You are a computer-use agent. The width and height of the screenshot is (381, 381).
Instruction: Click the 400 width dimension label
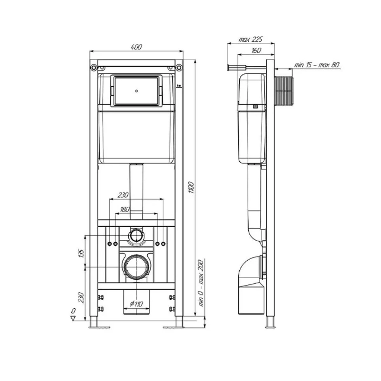(x=136, y=47)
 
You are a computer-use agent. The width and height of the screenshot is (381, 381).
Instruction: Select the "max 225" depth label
(x=251, y=39)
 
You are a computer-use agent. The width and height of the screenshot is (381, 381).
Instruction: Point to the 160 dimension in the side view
(x=256, y=50)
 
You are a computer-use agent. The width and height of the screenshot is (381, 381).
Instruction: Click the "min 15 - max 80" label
(x=317, y=65)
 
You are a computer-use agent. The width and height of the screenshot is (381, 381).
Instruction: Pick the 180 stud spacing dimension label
(x=124, y=209)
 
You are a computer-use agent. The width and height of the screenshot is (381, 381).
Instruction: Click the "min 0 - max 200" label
(x=201, y=283)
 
